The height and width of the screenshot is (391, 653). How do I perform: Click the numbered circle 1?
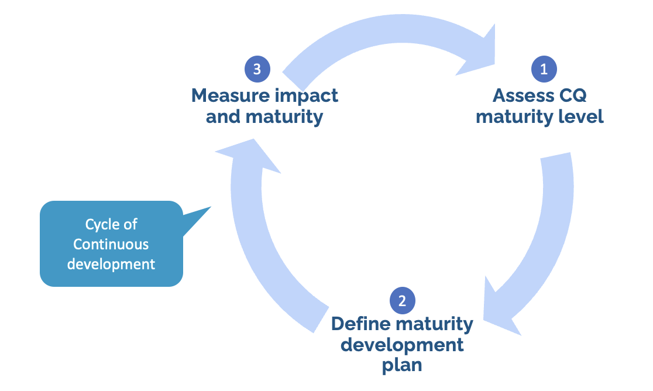pyautogui.click(x=544, y=69)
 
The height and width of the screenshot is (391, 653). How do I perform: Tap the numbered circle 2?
pyautogui.click(x=402, y=301)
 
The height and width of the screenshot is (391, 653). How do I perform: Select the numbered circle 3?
pyautogui.click(x=257, y=68)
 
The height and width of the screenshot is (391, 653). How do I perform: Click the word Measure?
pyautogui.click(x=230, y=95)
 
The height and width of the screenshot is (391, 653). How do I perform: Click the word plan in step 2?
pyautogui.click(x=402, y=365)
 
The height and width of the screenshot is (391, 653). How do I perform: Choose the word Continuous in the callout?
pyautogui.click(x=111, y=244)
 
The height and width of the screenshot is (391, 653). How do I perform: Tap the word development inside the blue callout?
pyautogui.click(x=111, y=264)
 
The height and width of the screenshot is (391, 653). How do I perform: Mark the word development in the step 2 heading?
pyautogui.click(x=402, y=344)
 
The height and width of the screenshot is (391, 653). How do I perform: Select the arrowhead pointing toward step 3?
pyautogui.click(x=249, y=155)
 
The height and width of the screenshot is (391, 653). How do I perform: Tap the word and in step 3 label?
pyautogui.click(x=223, y=116)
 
